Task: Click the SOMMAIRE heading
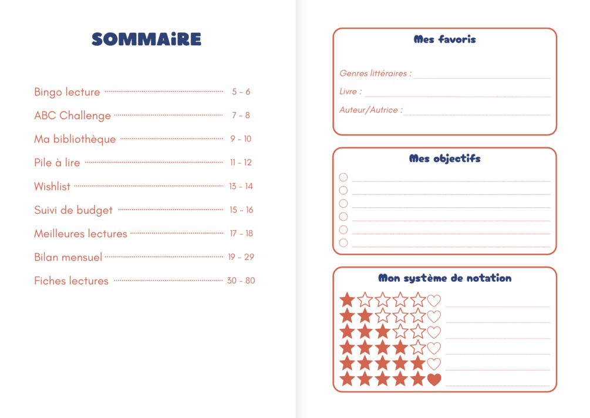(146, 39)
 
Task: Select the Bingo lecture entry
(67, 92)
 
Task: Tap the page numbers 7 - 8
(241, 116)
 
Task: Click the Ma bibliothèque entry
(75, 139)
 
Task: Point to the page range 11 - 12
(241, 163)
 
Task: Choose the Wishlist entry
(52, 187)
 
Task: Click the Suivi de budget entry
(73, 210)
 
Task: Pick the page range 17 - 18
(241, 234)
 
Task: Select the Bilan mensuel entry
(68, 257)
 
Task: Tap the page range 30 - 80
(241, 281)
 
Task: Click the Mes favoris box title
(444, 40)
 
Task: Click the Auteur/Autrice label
(371, 110)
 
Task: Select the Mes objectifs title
(444, 159)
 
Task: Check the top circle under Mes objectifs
(343, 177)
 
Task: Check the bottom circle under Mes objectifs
(343, 243)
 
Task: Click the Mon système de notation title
(444, 278)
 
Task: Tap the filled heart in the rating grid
(434, 380)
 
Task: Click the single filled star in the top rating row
(348, 300)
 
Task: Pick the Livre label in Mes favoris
(350, 92)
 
